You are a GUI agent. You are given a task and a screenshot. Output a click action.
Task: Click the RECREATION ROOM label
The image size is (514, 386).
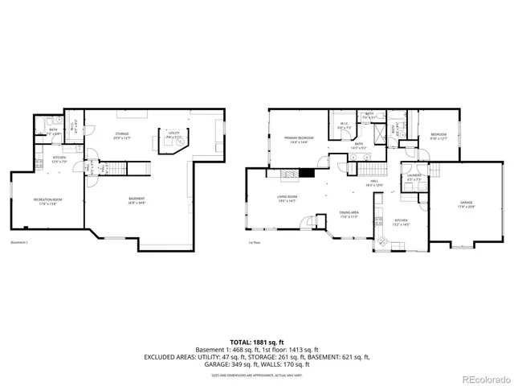47,200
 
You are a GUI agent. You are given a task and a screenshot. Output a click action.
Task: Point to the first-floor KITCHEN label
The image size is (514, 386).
401,222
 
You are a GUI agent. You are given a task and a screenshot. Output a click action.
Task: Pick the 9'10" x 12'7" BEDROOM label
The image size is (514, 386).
438,136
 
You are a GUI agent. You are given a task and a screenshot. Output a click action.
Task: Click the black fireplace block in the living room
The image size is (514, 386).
305,173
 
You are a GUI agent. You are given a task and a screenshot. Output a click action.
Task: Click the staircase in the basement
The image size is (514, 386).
117,167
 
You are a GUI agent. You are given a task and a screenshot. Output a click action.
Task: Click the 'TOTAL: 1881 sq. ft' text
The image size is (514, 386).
256,341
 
